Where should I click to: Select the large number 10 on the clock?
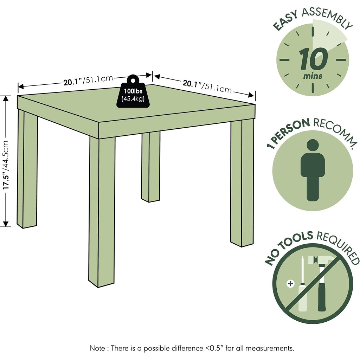[314, 59]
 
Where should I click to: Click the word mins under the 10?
[313, 76]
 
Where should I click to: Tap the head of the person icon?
[313, 145]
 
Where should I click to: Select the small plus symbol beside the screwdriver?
[290, 284]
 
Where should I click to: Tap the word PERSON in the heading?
[292, 130]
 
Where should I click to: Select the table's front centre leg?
[102, 212]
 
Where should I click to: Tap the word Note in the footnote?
[97, 348]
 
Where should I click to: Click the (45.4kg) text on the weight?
[133, 99]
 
